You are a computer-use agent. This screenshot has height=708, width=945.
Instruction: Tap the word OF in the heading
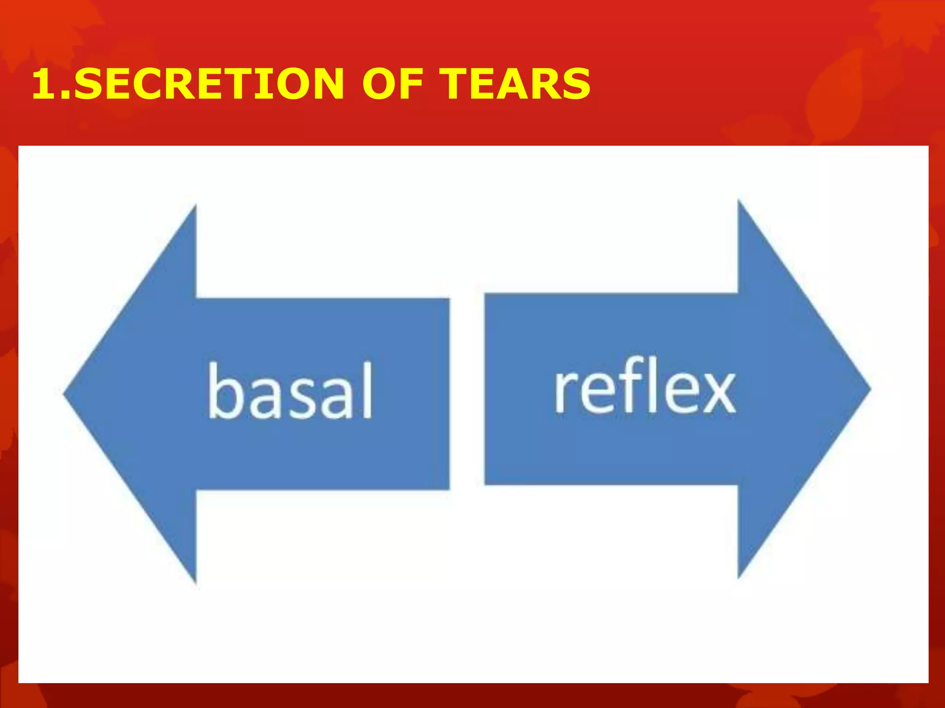(392, 83)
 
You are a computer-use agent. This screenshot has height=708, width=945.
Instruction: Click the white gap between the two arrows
(467, 392)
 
